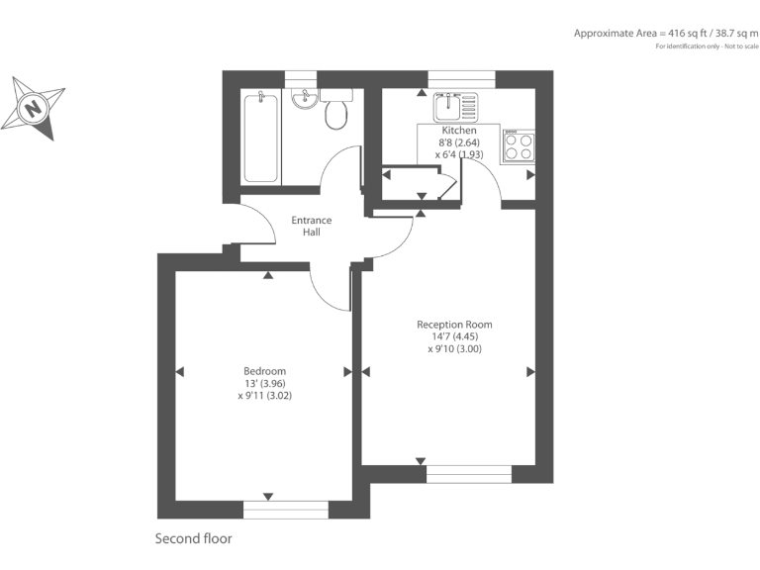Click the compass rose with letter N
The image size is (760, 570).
(x=34, y=106)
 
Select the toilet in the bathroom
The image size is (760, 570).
(x=336, y=112)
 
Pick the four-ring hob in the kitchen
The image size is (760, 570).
(x=518, y=146)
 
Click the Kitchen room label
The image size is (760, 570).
(x=459, y=131)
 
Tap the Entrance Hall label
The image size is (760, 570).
(x=311, y=226)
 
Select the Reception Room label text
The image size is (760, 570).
(x=454, y=325)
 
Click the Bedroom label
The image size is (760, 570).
(x=264, y=371)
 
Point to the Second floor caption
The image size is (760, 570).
(x=193, y=539)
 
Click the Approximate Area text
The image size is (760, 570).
(x=665, y=33)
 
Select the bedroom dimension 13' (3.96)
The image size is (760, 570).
(x=264, y=383)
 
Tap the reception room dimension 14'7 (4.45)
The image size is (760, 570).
(x=454, y=336)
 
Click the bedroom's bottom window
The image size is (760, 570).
(x=285, y=510)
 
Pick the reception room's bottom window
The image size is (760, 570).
(x=469, y=474)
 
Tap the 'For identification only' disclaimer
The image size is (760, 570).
(x=706, y=47)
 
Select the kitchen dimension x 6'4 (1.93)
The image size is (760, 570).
(x=458, y=154)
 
